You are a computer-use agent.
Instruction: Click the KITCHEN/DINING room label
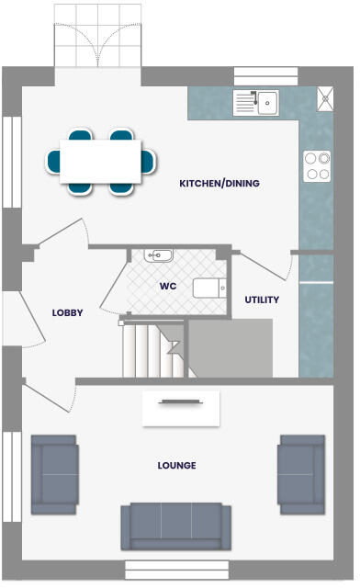pos(219,184)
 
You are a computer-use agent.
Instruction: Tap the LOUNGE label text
pos(176,466)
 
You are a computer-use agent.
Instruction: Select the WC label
pos(168,287)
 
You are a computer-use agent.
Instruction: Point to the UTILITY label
pos(262,300)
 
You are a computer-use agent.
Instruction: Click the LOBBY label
pos(68,313)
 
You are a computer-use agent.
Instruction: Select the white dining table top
pos(101,161)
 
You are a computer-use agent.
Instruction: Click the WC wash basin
pos(159,254)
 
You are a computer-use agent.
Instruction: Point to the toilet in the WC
pos(208,288)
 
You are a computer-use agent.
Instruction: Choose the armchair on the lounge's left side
pos(54,474)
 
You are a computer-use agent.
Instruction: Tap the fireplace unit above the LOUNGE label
pos(181,408)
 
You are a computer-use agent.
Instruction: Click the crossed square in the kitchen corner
pos(325,98)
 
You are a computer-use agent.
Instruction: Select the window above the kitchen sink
pos(265,76)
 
